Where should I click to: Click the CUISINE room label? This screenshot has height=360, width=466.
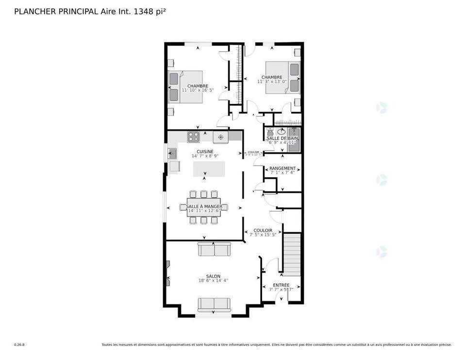point(204,152)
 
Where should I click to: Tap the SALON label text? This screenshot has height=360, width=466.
point(213,276)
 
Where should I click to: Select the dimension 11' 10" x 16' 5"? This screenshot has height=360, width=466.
point(198,90)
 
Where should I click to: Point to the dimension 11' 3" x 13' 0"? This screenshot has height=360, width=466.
point(272,82)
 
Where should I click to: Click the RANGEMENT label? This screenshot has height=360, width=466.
point(283,168)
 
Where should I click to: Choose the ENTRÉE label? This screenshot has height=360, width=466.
point(281,285)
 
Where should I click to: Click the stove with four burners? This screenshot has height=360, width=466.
point(194,137)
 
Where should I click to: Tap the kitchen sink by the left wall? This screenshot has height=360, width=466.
point(172,154)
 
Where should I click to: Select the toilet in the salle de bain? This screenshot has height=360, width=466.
point(270,132)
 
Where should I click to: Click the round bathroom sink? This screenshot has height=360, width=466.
point(282,131)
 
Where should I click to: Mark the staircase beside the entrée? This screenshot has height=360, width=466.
point(292,254)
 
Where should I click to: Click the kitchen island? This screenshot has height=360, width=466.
point(209,169)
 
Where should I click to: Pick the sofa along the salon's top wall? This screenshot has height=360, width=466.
point(214,249)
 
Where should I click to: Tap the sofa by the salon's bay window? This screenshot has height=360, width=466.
point(214,304)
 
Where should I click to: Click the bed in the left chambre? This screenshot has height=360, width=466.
point(185,87)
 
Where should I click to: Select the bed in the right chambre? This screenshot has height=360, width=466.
point(283,78)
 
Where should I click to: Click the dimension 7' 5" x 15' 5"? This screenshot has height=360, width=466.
point(263,235)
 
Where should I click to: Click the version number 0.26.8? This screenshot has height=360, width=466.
point(19,345)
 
